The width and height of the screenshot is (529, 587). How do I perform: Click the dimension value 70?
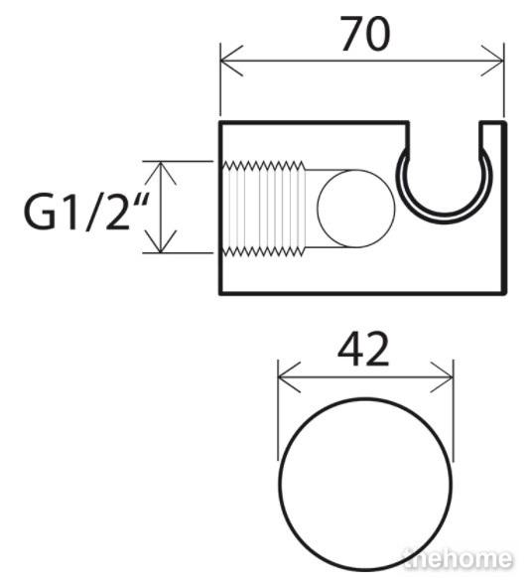(x=365, y=34)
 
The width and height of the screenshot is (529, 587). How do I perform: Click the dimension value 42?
(x=363, y=350)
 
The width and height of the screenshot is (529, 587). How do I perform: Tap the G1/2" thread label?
(x=83, y=213)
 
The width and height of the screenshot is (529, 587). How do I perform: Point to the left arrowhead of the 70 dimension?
(x=231, y=61)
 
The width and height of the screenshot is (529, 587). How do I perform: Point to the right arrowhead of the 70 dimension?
(x=492, y=61)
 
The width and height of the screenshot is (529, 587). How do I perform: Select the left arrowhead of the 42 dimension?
(x=289, y=377)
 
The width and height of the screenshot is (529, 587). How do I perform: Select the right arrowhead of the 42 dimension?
(x=442, y=377)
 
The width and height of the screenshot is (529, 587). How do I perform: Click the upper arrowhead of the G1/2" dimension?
(x=161, y=173)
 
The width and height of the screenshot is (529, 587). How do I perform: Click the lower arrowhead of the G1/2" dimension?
(x=161, y=241)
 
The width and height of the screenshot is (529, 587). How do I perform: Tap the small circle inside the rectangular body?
(x=355, y=209)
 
